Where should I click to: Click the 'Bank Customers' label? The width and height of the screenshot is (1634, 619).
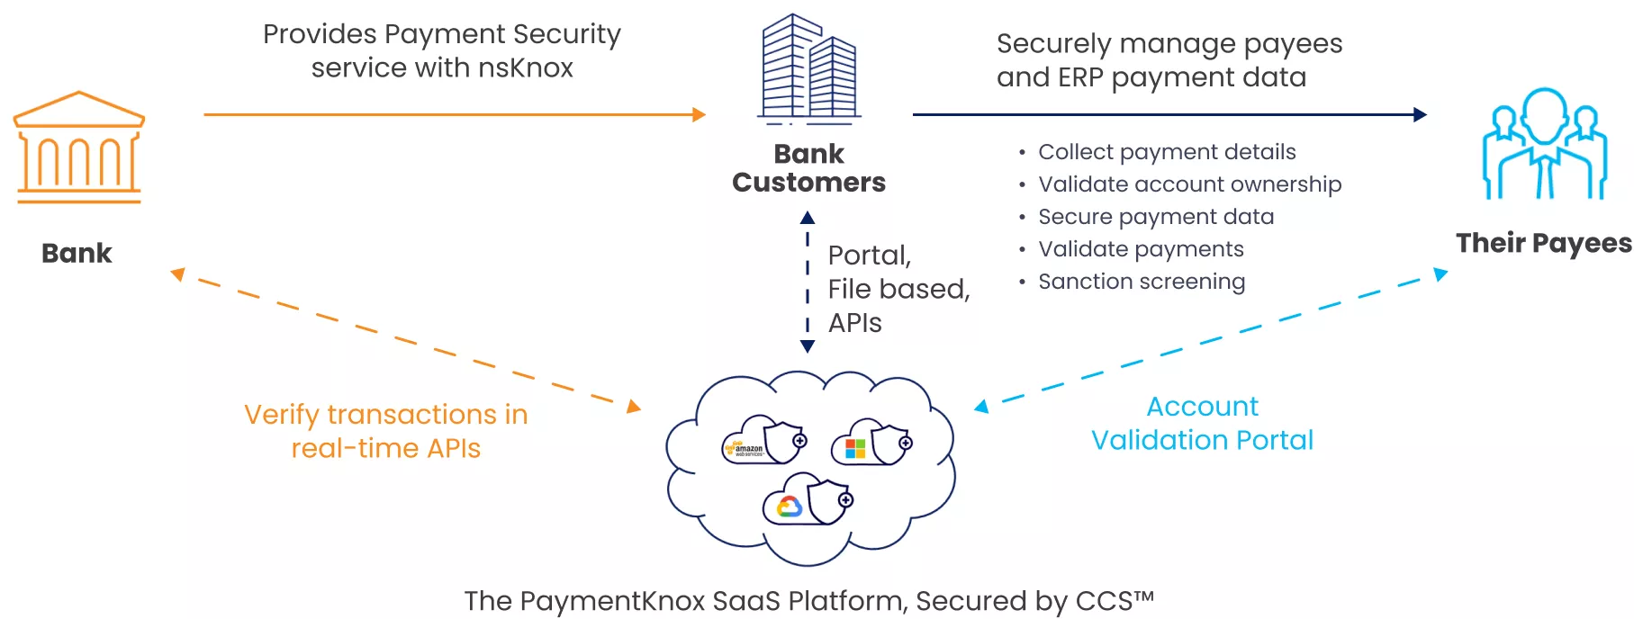pyautogui.click(x=808, y=168)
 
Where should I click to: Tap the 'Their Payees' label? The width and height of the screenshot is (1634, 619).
pyautogui.click(x=1543, y=243)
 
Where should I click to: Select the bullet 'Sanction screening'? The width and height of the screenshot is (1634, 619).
pyautogui.click(x=1141, y=282)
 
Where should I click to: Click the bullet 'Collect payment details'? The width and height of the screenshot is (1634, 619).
pyautogui.click(x=1166, y=152)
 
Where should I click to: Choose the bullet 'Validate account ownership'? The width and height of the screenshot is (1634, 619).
pyautogui.click(x=1189, y=184)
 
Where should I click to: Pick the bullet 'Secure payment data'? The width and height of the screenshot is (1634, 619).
pyautogui.click(x=1155, y=217)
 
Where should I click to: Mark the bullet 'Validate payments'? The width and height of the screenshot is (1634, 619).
pyautogui.click(x=1141, y=249)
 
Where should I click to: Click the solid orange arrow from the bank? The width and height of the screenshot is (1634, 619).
pyautogui.click(x=454, y=115)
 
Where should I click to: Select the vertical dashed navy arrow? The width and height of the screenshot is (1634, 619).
pyautogui.click(x=808, y=282)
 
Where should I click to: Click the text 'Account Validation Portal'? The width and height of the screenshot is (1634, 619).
pyautogui.click(x=1202, y=423)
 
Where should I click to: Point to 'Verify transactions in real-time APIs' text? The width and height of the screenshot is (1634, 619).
pyautogui.click(x=385, y=431)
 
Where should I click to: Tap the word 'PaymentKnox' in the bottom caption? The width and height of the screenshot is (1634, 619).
pyautogui.click(x=612, y=601)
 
